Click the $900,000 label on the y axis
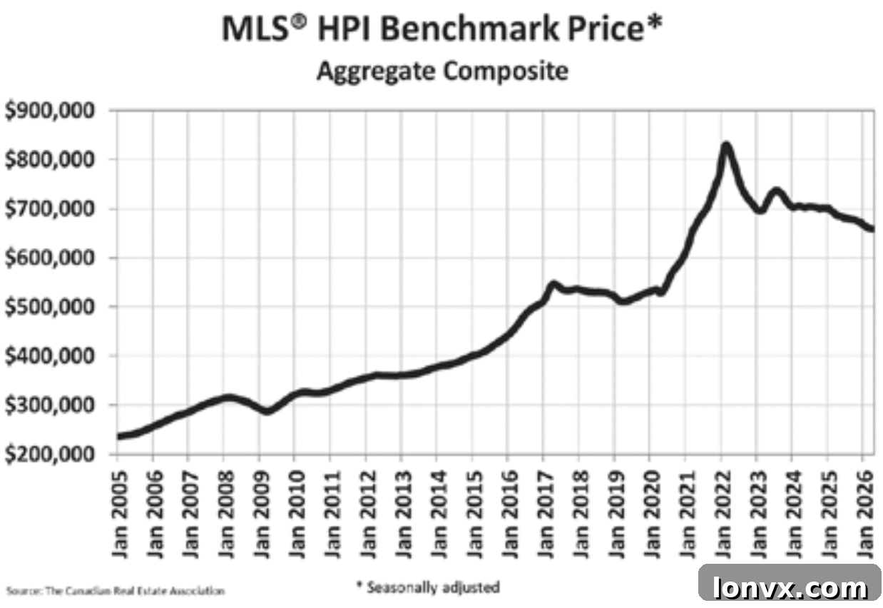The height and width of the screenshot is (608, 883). click(50, 111)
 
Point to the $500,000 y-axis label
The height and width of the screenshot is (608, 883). click(50, 307)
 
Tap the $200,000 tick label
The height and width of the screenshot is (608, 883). click(50, 455)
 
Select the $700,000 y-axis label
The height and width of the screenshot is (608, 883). click(50, 208)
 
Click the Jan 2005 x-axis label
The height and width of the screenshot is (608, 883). click(120, 514)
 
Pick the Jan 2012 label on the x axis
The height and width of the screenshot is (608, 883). click(368, 514)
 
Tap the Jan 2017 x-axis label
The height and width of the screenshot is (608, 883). click(546, 514)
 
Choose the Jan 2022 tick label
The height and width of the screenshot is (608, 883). click(723, 514)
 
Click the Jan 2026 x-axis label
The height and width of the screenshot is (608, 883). click(865, 514)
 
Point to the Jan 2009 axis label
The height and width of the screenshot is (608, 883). click(262, 514)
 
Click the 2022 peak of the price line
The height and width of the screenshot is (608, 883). click(725, 145)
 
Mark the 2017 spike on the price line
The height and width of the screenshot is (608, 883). click(553, 284)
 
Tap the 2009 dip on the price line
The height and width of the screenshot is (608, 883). click(267, 412)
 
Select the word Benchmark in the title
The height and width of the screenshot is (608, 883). click(470, 29)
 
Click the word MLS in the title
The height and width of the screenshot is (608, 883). click(256, 29)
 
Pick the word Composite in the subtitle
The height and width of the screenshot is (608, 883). click(506, 72)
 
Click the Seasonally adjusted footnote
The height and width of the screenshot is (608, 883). click(428, 587)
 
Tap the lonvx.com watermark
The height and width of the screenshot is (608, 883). click(790, 587)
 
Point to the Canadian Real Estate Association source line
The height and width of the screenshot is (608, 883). click(116, 591)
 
